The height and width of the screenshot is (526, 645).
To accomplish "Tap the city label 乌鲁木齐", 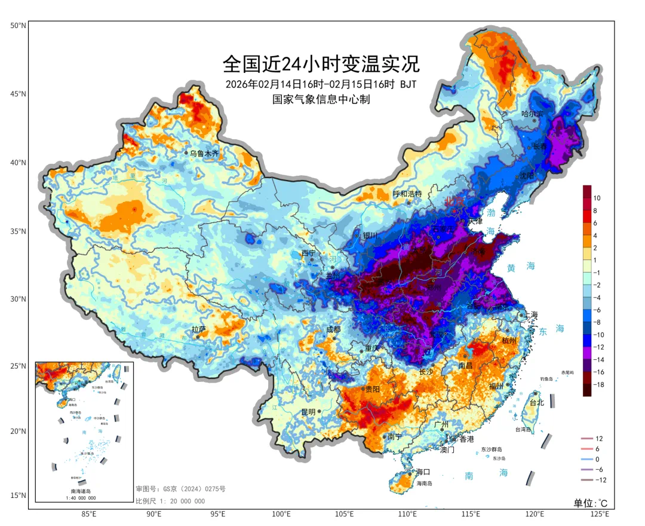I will (204, 154).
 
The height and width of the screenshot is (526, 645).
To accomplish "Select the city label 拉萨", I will (199, 329).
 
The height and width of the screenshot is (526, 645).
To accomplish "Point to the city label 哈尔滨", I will (532, 114).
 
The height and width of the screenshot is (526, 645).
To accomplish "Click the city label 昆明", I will (308, 412).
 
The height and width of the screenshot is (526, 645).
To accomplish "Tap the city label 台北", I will (537, 402).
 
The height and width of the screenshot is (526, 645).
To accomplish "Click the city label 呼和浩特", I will (407, 194).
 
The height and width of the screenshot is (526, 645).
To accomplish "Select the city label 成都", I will (333, 329).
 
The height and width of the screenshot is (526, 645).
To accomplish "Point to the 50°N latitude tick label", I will (18, 26).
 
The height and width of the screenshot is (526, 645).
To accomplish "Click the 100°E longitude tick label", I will (281, 514).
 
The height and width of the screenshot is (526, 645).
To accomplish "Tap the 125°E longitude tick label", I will (599, 514).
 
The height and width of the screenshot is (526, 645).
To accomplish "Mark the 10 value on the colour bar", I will (597, 198).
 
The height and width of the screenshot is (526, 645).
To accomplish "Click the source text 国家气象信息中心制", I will (321, 99).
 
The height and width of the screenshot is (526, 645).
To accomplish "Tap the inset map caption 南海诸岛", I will (83, 491).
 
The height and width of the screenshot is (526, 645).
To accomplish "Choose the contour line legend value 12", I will (599, 439).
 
